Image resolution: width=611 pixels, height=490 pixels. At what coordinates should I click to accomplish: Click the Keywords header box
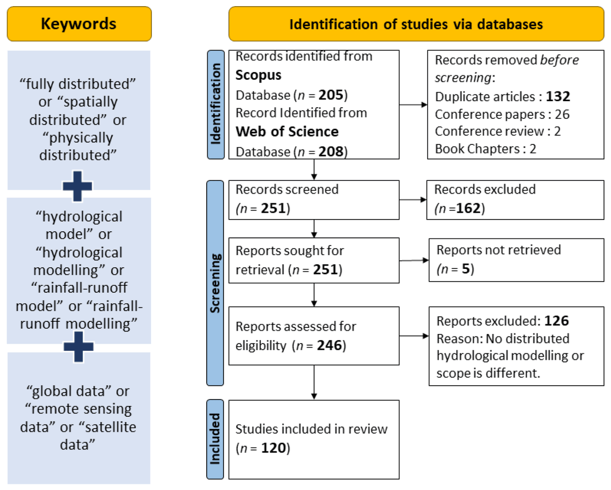click(x=78, y=24)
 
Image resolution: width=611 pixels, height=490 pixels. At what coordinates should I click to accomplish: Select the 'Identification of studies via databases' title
click(x=415, y=24)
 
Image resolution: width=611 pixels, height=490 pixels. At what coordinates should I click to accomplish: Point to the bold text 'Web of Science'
click(x=287, y=131)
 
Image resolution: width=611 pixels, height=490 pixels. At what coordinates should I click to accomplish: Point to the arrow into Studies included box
click(x=314, y=382)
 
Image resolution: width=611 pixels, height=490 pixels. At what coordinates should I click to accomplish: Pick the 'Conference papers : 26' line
click(x=502, y=114)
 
